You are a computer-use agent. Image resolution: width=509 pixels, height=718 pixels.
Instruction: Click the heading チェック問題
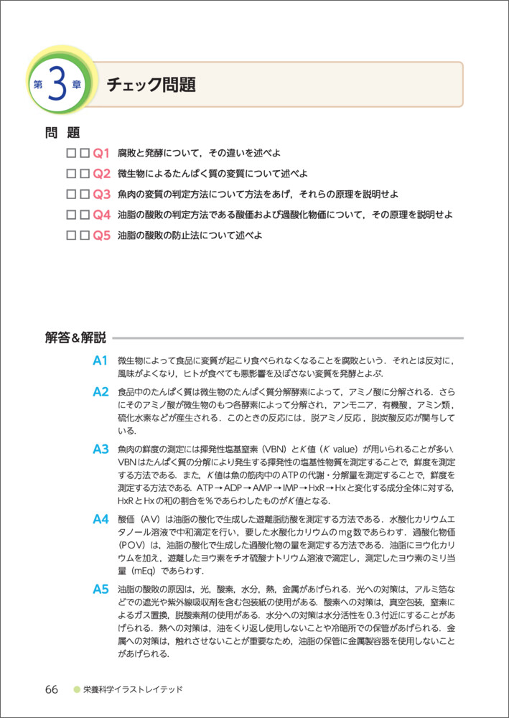pyautogui.click(x=151, y=85)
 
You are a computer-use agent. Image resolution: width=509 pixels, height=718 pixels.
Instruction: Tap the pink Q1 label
pyautogui.click(x=100, y=153)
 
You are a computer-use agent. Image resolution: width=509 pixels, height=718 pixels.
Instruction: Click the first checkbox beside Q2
pyautogui.click(x=70, y=174)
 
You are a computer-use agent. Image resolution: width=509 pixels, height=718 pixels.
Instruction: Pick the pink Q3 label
pyautogui.click(x=100, y=194)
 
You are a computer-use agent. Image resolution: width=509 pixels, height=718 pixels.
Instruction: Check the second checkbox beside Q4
pyautogui.click(x=84, y=215)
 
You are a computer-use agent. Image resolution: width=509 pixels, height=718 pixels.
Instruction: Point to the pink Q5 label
pyautogui.click(x=100, y=235)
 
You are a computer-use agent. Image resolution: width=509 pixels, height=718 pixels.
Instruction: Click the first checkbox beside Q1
pyautogui.click(x=70, y=153)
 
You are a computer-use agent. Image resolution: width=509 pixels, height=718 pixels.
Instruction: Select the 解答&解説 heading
pyautogui.click(x=75, y=337)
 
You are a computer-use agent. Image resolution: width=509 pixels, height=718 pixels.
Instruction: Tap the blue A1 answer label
pyautogui.click(x=100, y=360)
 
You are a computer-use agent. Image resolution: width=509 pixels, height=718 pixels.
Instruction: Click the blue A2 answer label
pyautogui.click(x=100, y=392)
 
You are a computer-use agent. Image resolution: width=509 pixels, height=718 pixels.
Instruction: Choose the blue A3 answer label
pyautogui.click(x=100, y=449)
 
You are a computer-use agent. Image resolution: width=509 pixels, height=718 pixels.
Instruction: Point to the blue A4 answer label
pyautogui.click(x=100, y=518)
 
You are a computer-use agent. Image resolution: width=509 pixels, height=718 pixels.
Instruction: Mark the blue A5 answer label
pyautogui.click(x=100, y=589)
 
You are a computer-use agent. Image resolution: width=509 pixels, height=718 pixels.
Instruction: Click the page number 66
pyautogui.click(x=51, y=689)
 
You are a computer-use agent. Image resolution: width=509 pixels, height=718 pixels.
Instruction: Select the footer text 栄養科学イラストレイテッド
pyautogui.click(x=133, y=689)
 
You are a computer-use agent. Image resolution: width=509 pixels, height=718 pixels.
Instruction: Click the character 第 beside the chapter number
pyautogui.click(x=37, y=85)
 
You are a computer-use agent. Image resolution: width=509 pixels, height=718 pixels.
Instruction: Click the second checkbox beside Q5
pyautogui.click(x=84, y=235)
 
